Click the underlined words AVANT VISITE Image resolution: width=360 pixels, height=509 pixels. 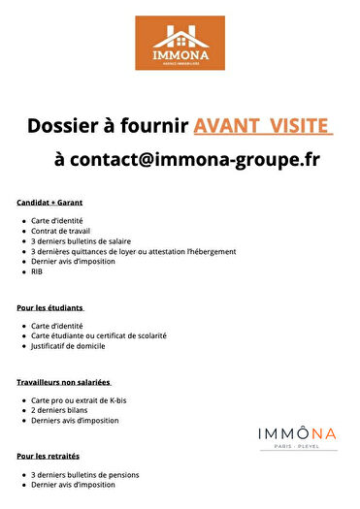click(263, 126)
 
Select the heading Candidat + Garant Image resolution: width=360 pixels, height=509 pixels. click(49, 203)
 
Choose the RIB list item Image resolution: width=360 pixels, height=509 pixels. click(37, 271)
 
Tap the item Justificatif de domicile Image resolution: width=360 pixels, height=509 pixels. click(68, 345)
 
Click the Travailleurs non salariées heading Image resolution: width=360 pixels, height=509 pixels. click(64, 381)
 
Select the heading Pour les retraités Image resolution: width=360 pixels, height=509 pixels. click(48, 455)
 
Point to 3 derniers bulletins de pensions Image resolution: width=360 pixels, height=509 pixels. click(85, 474)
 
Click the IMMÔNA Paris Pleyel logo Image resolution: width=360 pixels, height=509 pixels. click(298, 437)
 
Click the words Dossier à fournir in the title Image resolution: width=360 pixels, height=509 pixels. click(107, 126)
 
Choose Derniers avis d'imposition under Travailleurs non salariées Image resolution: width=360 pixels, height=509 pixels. click(75, 420)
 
